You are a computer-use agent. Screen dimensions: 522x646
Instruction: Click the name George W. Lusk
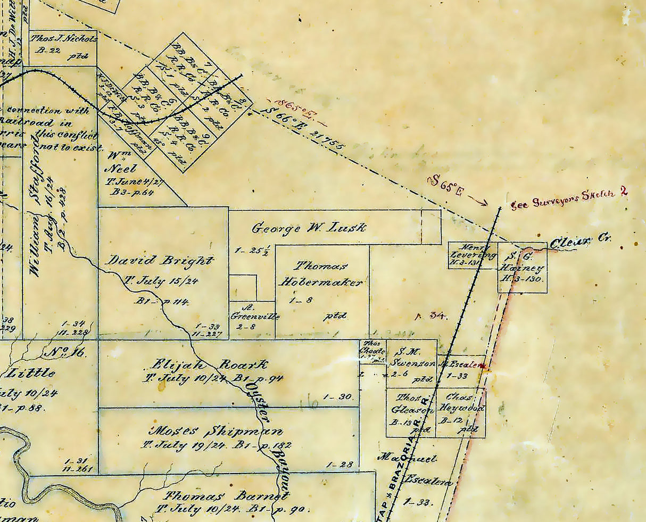(x=309, y=228)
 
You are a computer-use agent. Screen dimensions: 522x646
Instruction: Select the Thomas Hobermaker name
(x=322, y=274)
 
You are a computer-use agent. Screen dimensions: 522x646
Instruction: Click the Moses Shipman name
(x=217, y=431)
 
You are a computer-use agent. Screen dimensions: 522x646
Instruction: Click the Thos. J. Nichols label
(x=63, y=39)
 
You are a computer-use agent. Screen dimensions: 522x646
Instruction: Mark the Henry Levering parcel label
(x=472, y=251)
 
